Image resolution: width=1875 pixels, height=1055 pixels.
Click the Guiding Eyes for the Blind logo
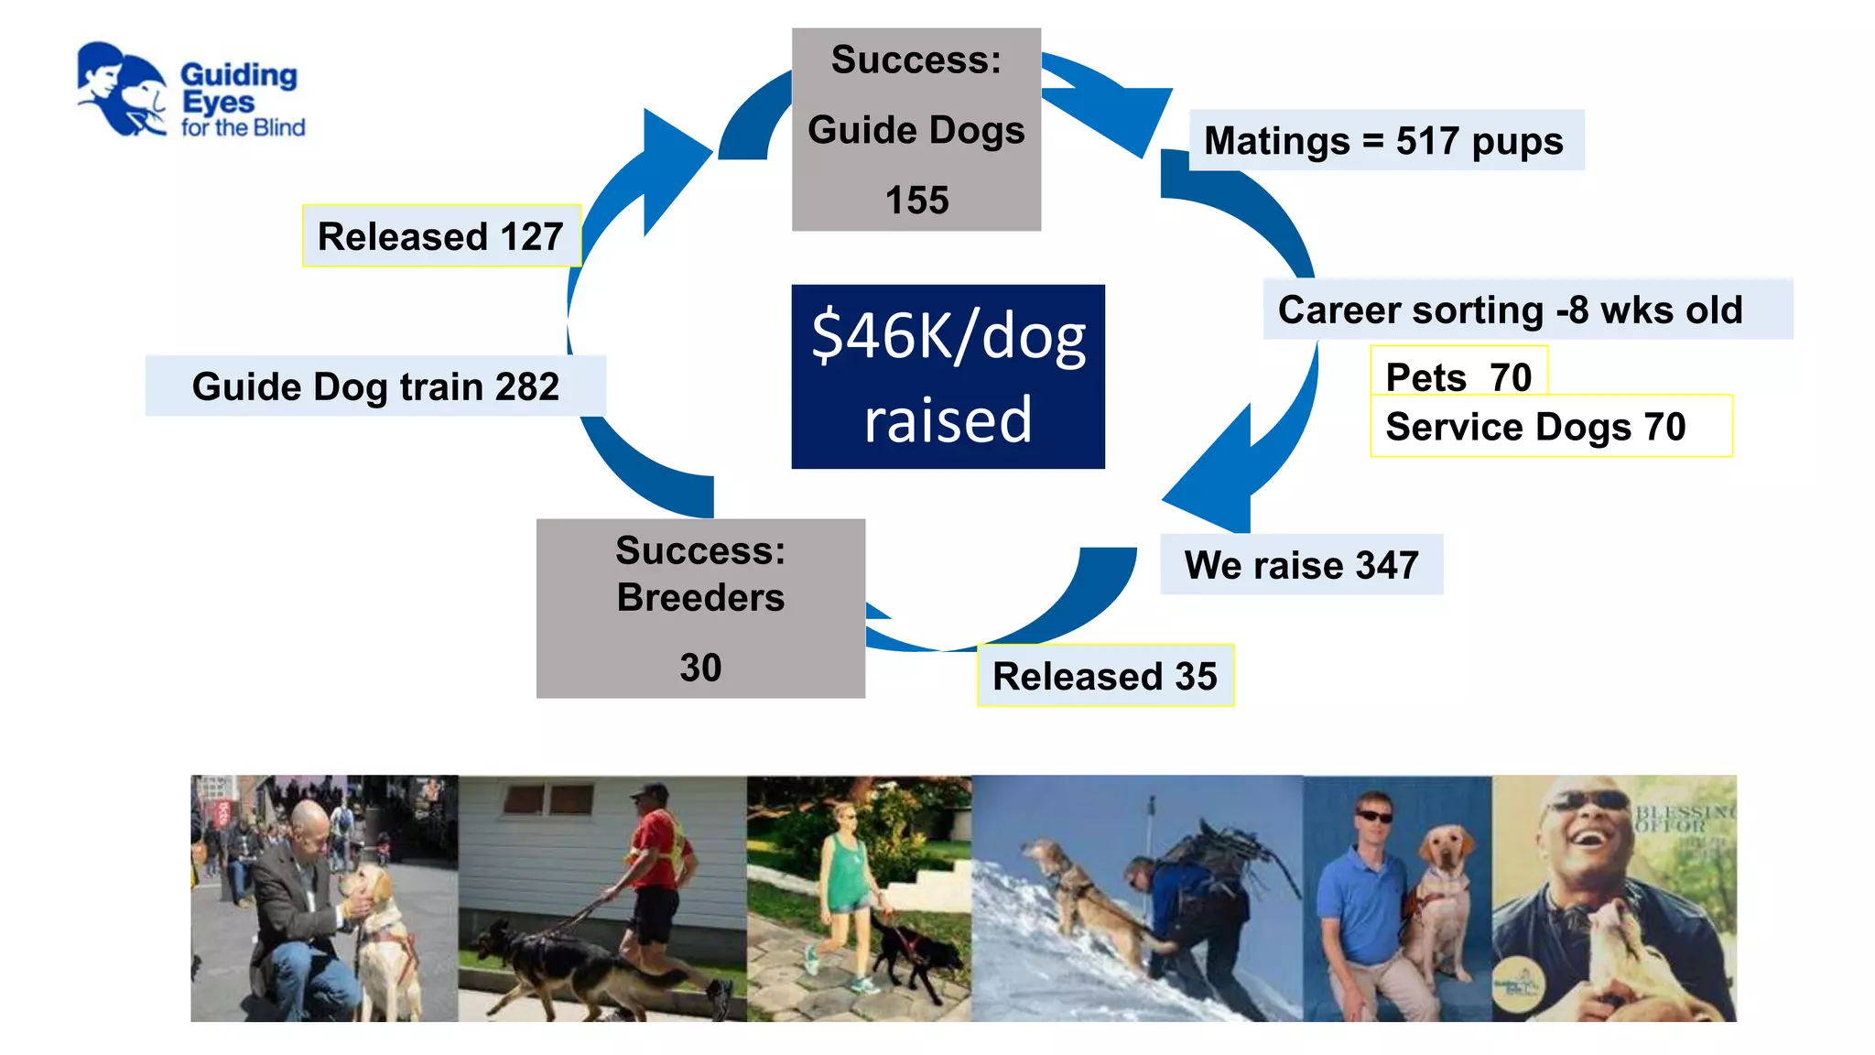coord(190,92)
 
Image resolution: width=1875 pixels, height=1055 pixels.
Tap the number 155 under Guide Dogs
coord(916,201)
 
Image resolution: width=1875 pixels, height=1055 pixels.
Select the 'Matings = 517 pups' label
coord(1384,141)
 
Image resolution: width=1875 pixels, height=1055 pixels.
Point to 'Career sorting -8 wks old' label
coord(1511,310)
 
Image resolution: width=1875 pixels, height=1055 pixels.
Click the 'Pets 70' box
coord(1458,375)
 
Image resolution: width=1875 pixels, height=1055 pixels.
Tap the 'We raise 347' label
coord(1301,565)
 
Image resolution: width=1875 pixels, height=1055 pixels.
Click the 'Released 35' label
coord(1105,677)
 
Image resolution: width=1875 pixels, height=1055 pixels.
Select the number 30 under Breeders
coord(700,668)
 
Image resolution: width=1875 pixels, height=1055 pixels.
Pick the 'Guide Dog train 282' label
coord(375,386)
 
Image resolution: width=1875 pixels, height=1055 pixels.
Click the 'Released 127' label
coord(440,236)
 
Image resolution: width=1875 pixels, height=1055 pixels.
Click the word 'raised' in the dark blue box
coord(948,420)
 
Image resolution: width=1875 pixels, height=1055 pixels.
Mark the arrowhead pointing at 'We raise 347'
coord(1213,476)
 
